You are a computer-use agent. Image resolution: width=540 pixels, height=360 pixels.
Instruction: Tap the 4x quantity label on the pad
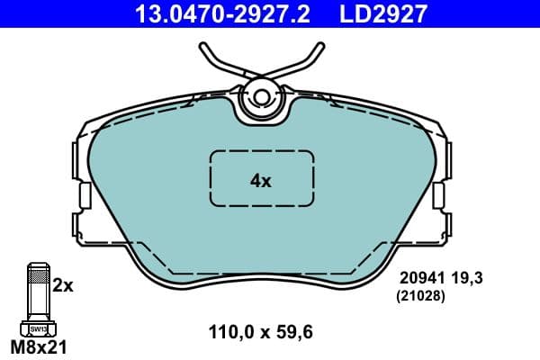(x=260, y=181)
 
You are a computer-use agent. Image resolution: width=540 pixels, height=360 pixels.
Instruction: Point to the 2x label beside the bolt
(x=62, y=285)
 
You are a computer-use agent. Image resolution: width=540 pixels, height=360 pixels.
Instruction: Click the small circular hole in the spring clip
(x=262, y=95)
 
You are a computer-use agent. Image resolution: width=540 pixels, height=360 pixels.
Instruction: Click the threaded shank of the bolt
(x=37, y=292)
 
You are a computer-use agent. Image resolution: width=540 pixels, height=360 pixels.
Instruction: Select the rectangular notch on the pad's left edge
(x=83, y=195)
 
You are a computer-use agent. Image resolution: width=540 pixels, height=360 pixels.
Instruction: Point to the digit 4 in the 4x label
(x=255, y=181)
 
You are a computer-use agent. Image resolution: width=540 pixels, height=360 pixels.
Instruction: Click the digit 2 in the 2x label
(x=58, y=285)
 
